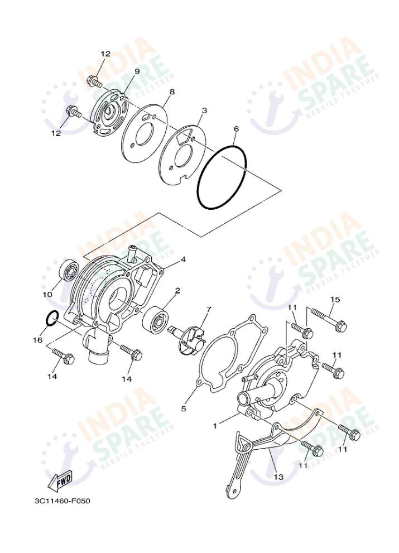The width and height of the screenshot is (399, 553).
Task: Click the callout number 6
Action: click(x=236, y=129)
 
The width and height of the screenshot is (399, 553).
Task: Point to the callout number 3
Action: click(x=204, y=110)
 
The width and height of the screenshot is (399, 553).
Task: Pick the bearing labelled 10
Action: click(x=69, y=272)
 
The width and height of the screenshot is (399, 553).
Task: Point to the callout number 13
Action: click(x=278, y=477)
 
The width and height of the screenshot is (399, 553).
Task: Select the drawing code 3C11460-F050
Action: click(x=62, y=500)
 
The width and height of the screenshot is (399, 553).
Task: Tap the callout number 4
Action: click(x=182, y=259)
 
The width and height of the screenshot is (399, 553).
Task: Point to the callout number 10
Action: click(x=46, y=294)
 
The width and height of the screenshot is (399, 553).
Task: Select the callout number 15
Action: click(x=334, y=300)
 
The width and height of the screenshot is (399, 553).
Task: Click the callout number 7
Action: click(x=208, y=309)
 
